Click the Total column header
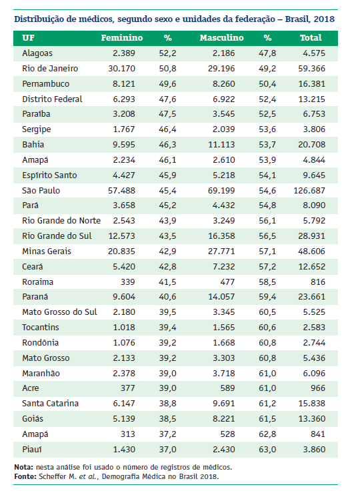[311, 38]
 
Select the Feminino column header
[122, 38]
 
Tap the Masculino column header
[221, 38]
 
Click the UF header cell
[28, 38]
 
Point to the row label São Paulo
[41, 190]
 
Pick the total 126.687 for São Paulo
[309, 191]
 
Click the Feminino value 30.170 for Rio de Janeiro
[121, 69]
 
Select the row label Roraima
[37, 282]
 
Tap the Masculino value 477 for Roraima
[227, 282]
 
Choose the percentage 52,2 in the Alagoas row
[167, 53]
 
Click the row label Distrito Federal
[52, 99]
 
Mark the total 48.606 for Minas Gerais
[311, 252]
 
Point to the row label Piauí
[32, 450]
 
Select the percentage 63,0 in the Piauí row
[267, 450]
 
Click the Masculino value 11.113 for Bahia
[221, 145]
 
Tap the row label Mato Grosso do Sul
[59, 312]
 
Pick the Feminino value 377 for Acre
[127, 388]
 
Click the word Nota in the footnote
[23, 467]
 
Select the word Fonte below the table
[25, 476]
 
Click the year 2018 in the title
[324, 19]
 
